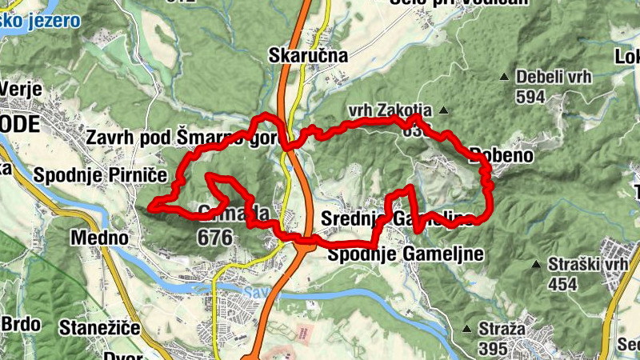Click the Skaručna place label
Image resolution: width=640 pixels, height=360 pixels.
pos(309,56)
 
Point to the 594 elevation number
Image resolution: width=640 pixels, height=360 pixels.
pos(530,97)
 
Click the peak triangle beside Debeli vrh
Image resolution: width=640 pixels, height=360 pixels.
pos(504,77)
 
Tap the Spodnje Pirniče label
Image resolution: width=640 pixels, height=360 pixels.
pos(100,174)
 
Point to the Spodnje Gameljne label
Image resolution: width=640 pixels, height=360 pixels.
pos(406,254)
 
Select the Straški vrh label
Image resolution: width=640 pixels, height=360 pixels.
pos(586,265)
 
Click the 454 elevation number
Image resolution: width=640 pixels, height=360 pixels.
pos(563,284)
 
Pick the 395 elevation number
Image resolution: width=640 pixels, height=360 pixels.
pos(493,349)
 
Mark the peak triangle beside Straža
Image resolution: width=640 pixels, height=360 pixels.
pos(466,329)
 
